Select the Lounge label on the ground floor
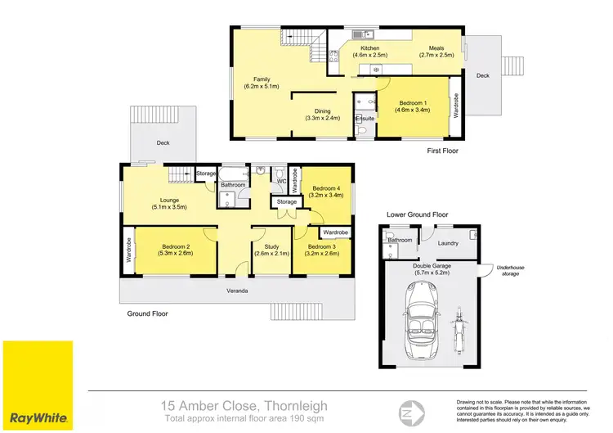pyautogui.click(x=168, y=203)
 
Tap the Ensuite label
pyautogui.click(x=365, y=119)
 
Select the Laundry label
pyautogui.click(x=447, y=243)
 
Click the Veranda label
pyautogui.click(x=238, y=291)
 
